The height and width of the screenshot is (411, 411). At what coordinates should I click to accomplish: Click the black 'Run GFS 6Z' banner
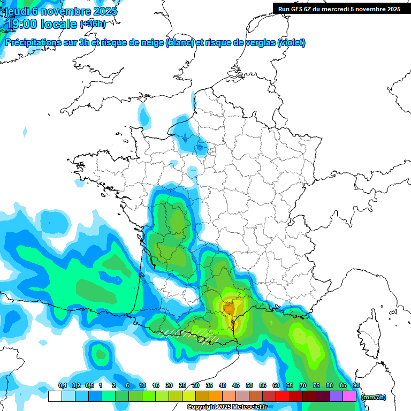tap(338, 9)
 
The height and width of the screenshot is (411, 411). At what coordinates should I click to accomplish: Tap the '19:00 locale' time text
tap(40, 25)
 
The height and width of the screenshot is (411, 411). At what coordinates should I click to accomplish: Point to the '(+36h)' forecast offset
tap(93, 24)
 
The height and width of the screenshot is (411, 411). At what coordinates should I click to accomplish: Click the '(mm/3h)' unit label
tap(374, 397)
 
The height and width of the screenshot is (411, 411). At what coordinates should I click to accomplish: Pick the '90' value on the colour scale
tap(356, 386)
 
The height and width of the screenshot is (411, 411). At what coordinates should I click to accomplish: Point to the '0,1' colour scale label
tap(63, 386)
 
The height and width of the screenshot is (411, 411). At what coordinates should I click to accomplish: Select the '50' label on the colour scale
tap(249, 386)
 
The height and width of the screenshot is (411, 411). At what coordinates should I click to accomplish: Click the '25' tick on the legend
tap(182, 386)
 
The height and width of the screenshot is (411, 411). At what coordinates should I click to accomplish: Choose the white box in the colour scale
tap(55, 397)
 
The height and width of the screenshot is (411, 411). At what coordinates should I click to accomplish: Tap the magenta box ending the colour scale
tap(349, 397)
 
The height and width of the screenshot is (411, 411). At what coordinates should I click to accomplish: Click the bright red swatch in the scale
tap(282, 397)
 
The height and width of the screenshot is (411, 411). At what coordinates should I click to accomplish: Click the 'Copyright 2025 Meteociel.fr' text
tap(227, 407)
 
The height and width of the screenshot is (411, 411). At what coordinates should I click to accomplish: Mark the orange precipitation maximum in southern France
tap(229, 308)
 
